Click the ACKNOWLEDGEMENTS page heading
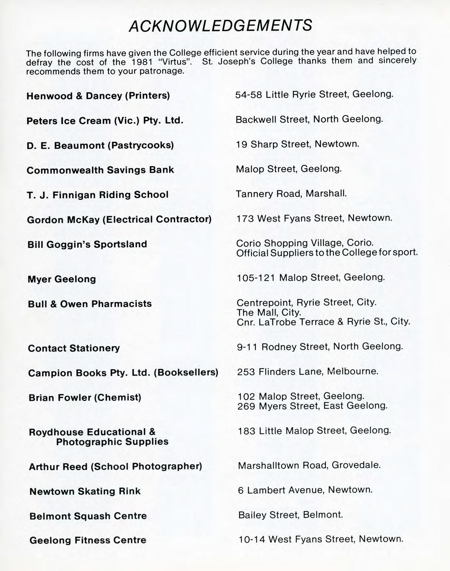coord(220,25)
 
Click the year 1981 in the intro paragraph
coord(142,62)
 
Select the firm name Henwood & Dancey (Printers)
coord(98,96)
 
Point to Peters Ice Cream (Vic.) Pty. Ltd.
coord(105,120)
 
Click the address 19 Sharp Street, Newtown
coord(297,144)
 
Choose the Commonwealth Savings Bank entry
coord(100,170)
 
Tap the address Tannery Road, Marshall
coord(291,193)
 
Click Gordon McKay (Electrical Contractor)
coord(119,219)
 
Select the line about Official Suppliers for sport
coord(327,252)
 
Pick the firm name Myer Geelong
coord(62,279)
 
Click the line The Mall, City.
coord(269,312)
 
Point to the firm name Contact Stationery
coord(74,348)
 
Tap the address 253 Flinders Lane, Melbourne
coord(307,371)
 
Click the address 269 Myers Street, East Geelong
coord(312,406)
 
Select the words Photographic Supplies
coord(112,441)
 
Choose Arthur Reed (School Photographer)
coord(115,466)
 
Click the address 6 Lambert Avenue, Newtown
coord(305,490)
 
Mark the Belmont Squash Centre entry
coord(88,516)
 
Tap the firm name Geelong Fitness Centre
coord(88,540)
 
